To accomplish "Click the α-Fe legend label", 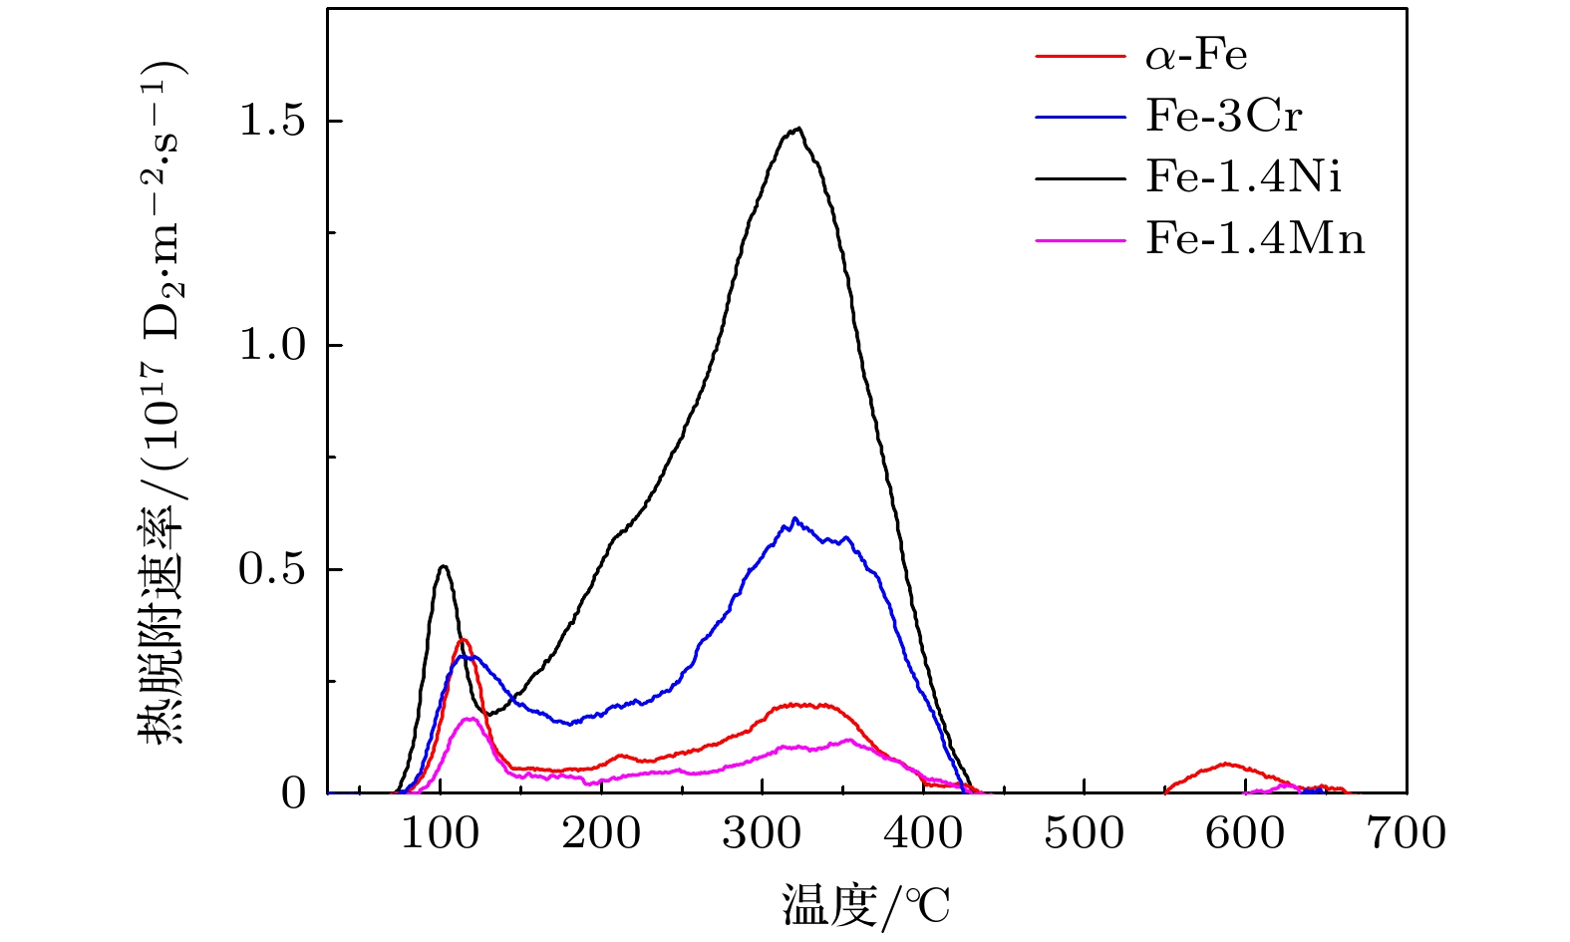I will pos(1196,55).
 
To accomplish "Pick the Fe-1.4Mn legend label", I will pos(1255,239).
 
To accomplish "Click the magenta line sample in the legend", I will pos(1081,239).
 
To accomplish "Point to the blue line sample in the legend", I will pos(1081,117).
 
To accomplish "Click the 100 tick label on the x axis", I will pos(441,833).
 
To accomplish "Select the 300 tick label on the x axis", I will pos(763,833).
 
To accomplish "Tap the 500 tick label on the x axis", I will pos(1085,833).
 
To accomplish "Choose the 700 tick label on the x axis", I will pos(1406,833).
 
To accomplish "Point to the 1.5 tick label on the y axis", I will pos(271,121).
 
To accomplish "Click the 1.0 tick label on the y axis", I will pos(271,345).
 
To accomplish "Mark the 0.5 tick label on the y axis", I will pos(271,569).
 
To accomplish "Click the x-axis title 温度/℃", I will pos(865,906).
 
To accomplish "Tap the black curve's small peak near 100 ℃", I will pos(444,566).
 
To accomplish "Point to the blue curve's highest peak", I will pos(794,518).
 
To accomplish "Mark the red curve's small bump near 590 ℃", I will pos(1226,765).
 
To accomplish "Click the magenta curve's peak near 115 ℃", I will pos(467,719).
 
